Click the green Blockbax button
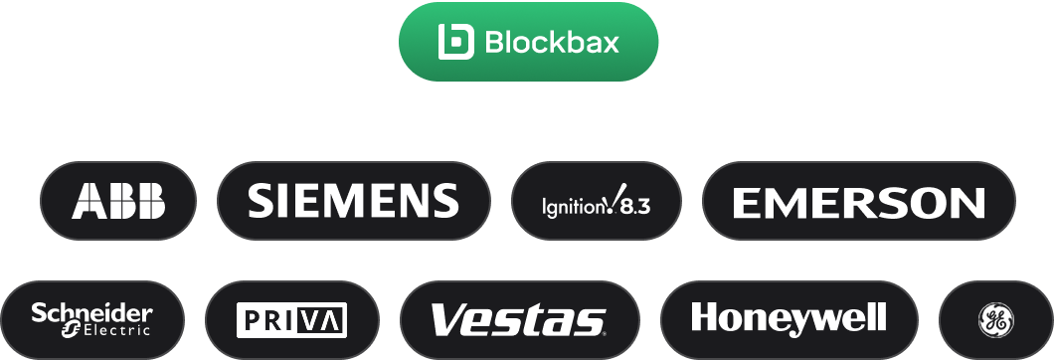pyautogui.click(x=528, y=42)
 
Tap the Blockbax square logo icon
pyautogui.click(x=457, y=42)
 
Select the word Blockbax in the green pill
pyautogui.click(x=551, y=43)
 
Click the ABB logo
pyautogui.click(x=118, y=202)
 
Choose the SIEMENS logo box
pyautogui.click(x=353, y=202)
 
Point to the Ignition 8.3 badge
pyautogui.click(x=596, y=202)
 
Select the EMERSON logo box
pyautogui.click(x=858, y=202)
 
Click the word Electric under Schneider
pyautogui.click(x=115, y=329)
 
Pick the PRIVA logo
pyautogui.click(x=291, y=320)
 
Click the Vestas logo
pyautogui.click(x=518, y=320)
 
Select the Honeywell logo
pyautogui.click(x=789, y=319)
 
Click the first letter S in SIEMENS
pyautogui.click(x=260, y=201)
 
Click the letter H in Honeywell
pyautogui.click(x=703, y=318)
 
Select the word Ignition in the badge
pyautogui.click(x=572, y=208)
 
